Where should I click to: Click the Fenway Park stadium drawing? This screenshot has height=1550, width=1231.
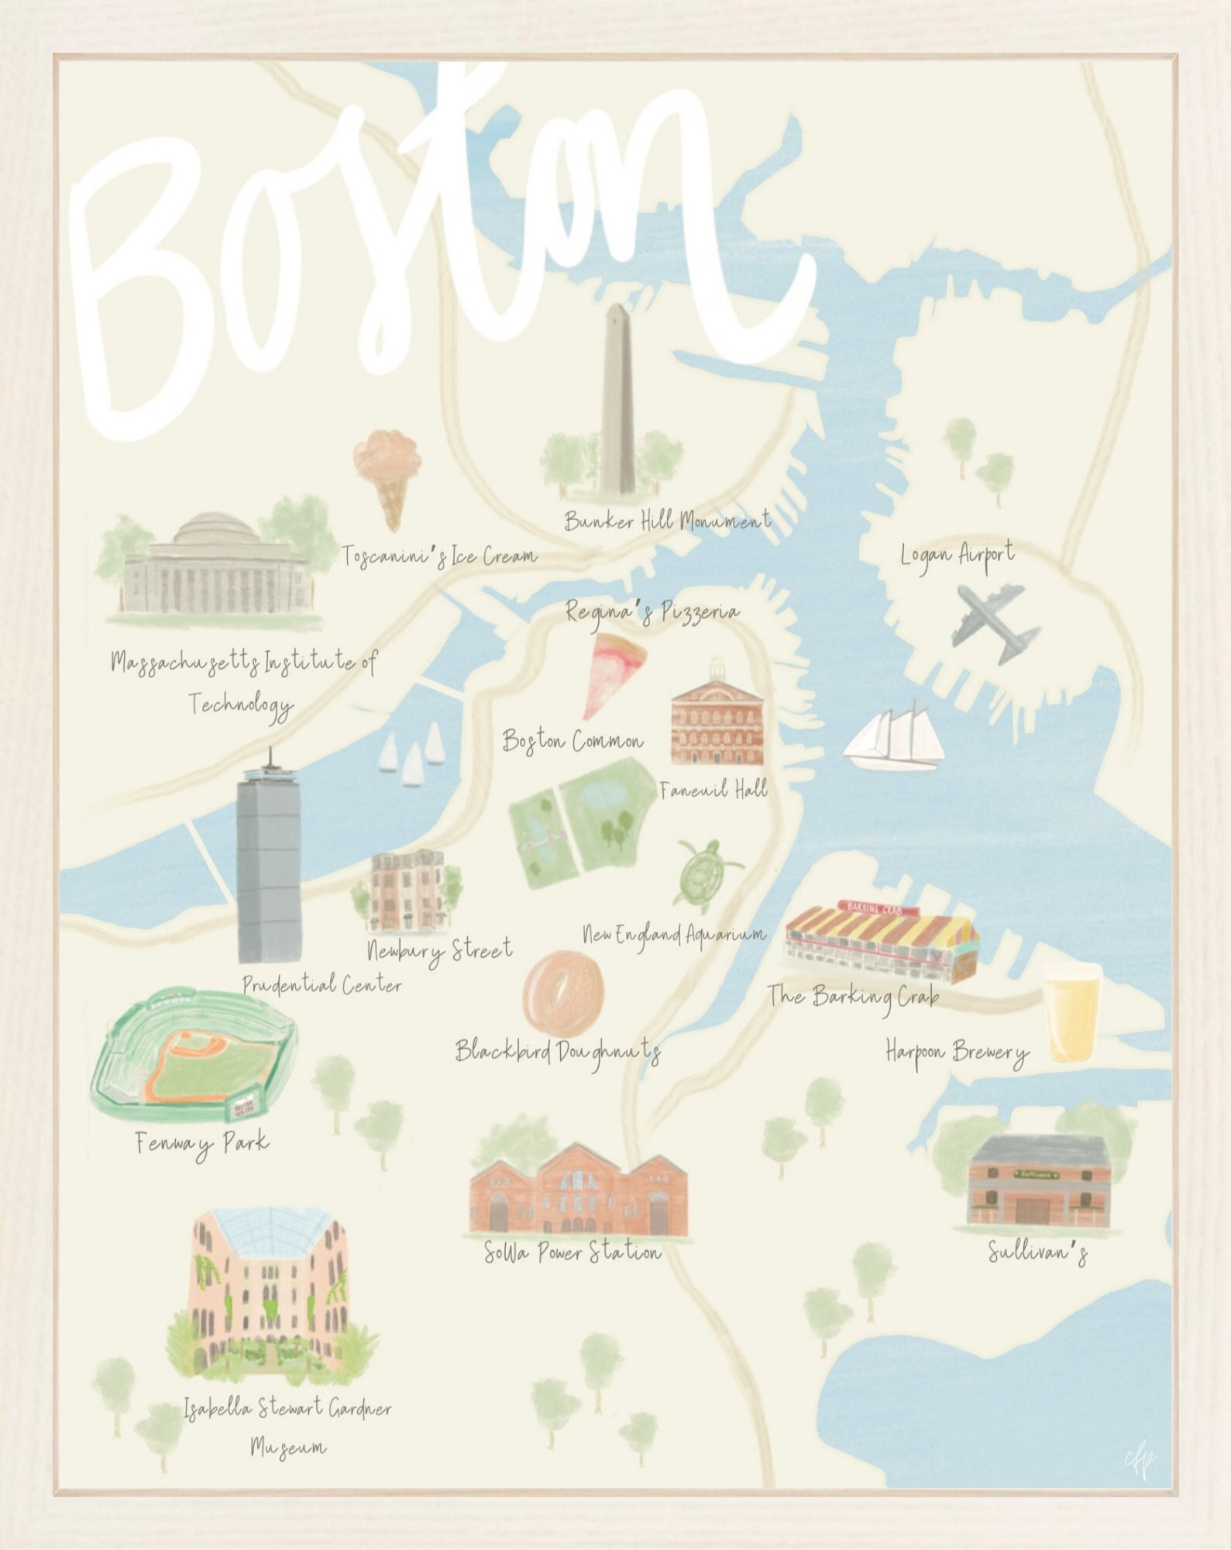194,1057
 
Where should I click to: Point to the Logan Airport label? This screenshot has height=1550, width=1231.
958,555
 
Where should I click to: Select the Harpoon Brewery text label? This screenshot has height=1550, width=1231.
958,1054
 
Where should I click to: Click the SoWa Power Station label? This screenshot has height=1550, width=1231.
573,1252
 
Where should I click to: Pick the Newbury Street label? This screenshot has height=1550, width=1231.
439,950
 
